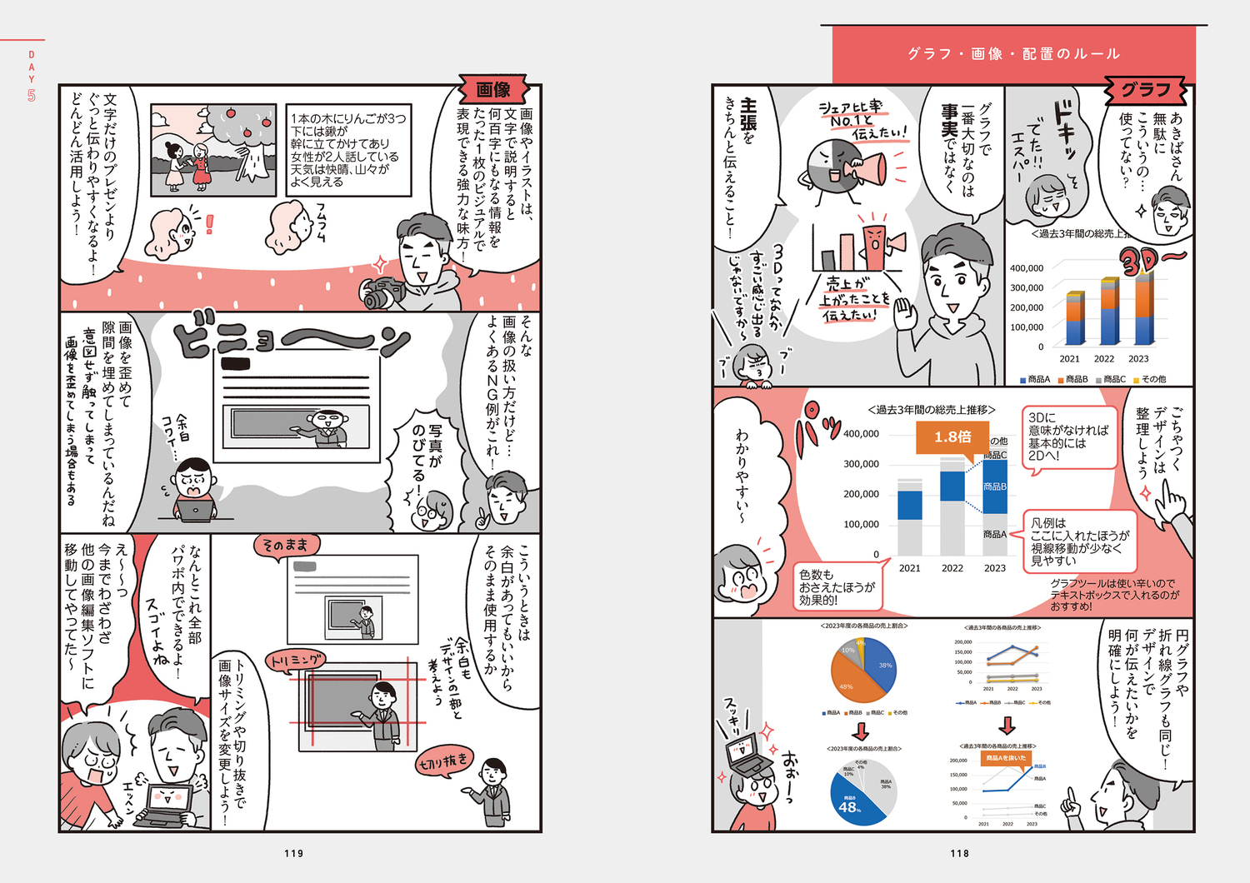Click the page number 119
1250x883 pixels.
(293, 853)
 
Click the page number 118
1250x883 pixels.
(959, 853)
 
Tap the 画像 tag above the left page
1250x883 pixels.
(493, 89)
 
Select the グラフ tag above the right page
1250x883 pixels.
(1146, 89)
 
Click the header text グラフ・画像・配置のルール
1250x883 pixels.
(1013, 54)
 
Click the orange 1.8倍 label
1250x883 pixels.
(952, 437)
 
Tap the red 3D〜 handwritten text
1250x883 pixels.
(1150, 262)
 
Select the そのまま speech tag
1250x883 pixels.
(286, 546)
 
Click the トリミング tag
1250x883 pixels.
(295, 661)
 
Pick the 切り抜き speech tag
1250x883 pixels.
(444, 761)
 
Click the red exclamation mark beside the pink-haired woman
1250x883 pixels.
(209, 224)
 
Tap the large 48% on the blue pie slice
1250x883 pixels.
(849, 806)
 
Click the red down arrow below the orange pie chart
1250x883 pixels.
(861, 731)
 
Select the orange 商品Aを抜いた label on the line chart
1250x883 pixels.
(1006, 758)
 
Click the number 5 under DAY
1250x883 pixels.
(32, 96)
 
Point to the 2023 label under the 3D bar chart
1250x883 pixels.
(1138, 359)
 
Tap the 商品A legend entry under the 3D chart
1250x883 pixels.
(1035, 379)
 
